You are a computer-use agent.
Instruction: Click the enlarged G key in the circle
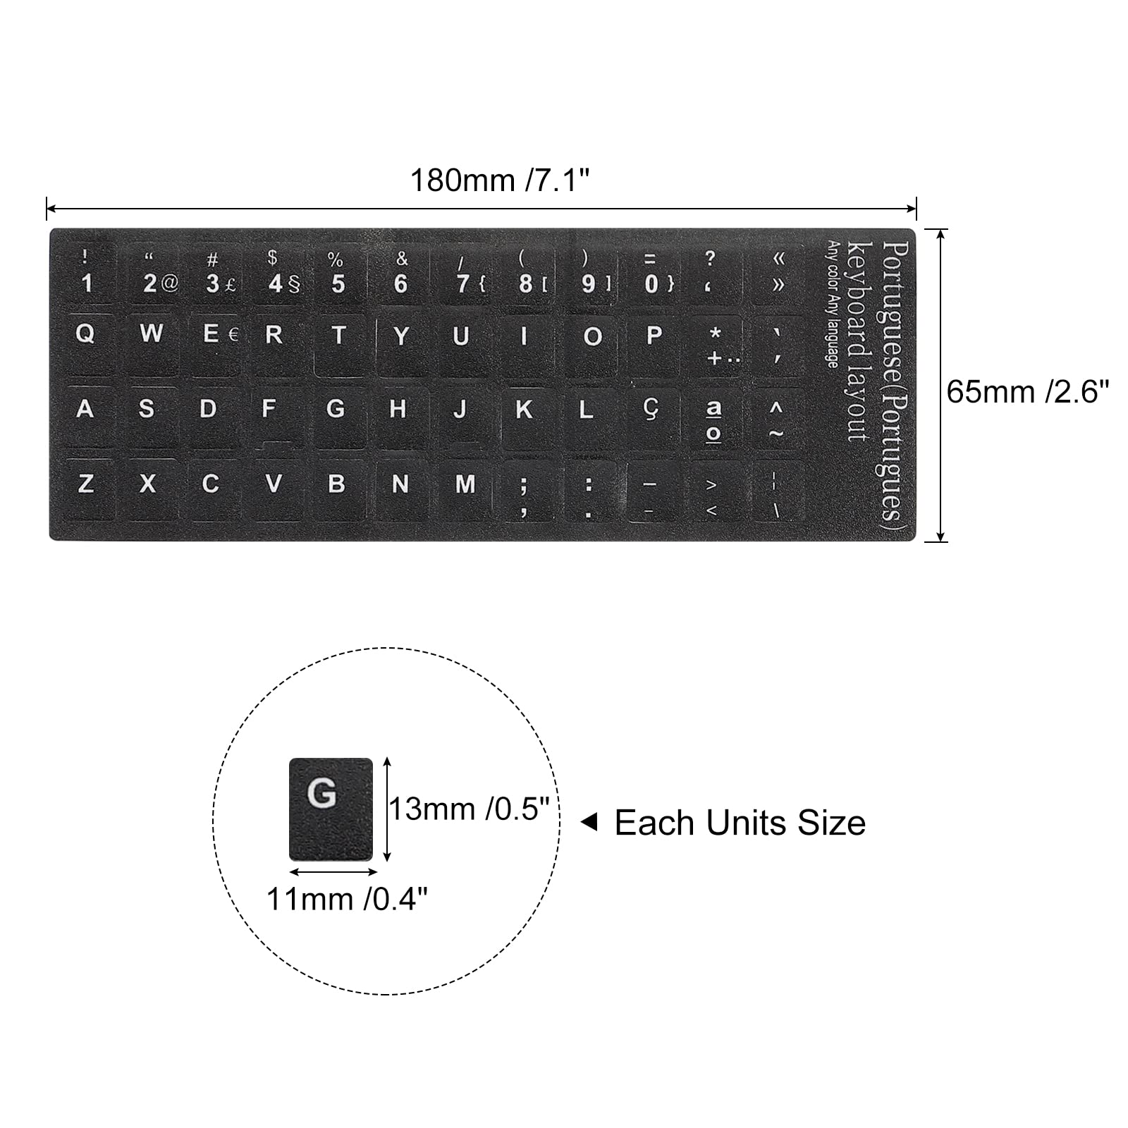(331, 809)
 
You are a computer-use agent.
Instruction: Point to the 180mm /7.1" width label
(499, 180)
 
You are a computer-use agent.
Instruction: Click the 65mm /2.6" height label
(1027, 392)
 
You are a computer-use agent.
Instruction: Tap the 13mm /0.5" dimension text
(469, 809)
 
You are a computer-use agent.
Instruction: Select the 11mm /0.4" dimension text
(347, 899)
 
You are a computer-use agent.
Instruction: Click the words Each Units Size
(740, 823)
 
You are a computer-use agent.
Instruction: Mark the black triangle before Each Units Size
(589, 822)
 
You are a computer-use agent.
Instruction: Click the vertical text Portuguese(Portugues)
(894, 381)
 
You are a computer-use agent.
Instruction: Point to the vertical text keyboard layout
(859, 342)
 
